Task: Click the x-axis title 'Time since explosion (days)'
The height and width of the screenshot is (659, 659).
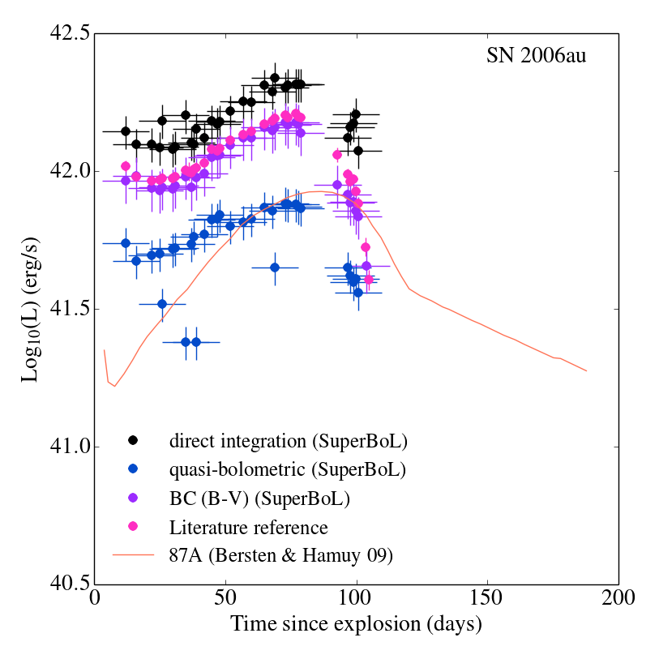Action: [x=356, y=625]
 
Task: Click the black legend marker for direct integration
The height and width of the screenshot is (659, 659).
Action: [x=133, y=441]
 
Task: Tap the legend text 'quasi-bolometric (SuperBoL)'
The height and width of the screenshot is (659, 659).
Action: [x=288, y=469]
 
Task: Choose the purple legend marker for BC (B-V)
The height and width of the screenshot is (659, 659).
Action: [x=133, y=498]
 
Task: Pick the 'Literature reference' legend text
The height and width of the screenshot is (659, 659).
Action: [x=248, y=527]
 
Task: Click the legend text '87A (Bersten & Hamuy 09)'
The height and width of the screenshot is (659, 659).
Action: [x=281, y=555]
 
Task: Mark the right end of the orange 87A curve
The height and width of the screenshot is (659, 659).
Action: [x=586, y=371]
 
